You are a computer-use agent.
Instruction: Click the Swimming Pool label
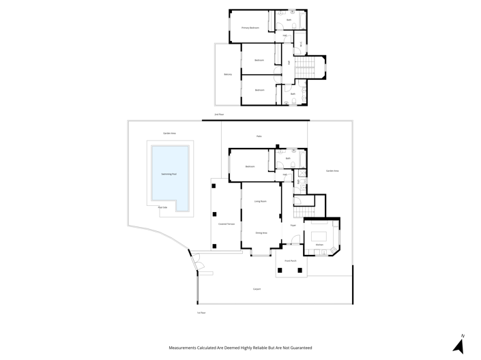coord(169,174)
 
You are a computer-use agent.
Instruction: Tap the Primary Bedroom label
coord(250,28)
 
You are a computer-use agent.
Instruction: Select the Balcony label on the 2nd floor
coord(228,74)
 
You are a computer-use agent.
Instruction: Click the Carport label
coord(257,289)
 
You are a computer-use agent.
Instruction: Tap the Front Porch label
coord(290,260)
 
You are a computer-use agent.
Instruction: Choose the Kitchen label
coord(319,243)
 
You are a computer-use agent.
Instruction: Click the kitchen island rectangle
coord(319,232)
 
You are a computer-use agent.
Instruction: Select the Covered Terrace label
coord(227,224)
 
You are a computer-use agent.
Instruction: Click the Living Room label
coord(260,201)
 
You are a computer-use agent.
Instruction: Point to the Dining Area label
coord(261,233)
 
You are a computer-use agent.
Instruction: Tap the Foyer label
coord(292,224)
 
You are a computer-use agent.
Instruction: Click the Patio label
coord(259,136)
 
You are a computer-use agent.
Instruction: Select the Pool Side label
coord(162,207)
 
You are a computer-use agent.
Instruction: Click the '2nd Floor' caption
coord(219,115)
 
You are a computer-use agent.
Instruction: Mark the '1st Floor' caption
coord(201,312)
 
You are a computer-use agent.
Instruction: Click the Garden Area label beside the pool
coord(169,133)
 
